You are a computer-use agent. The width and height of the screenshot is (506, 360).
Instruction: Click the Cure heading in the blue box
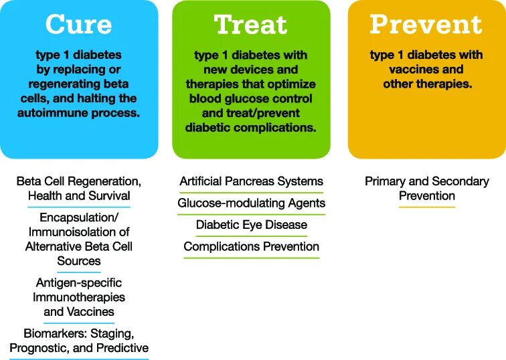point(79,25)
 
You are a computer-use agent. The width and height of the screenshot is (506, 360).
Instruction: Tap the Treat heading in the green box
point(251,25)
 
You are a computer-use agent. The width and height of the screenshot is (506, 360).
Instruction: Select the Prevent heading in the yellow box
point(426,25)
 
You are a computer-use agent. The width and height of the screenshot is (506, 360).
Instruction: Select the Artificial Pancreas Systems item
point(251,181)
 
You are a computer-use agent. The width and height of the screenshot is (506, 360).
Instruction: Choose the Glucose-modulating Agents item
point(251,203)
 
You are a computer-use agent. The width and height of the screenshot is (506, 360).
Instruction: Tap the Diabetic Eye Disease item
point(251,225)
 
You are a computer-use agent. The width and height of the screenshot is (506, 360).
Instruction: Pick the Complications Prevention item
point(251,247)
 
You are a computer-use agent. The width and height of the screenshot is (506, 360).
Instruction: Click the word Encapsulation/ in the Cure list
point(79,218)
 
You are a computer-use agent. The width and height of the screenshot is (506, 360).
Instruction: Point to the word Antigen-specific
point(79,283)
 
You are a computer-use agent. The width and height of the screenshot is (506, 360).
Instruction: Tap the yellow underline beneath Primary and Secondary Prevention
point(426,207)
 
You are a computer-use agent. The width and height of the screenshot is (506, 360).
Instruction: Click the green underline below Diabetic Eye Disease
point(251,236)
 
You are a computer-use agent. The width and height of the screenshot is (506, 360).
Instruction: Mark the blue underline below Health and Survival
point(79,207)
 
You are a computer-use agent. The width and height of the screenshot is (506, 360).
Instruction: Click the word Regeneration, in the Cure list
point(109,181)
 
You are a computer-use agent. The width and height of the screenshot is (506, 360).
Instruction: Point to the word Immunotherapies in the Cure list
point(79,297)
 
